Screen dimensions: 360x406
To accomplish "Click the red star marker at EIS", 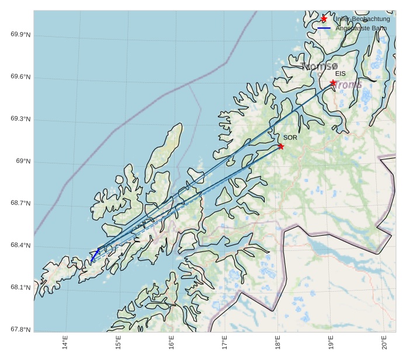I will (x=333, y=83).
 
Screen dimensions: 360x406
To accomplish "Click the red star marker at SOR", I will (x=281, y=146).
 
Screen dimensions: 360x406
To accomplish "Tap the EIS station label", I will (x=341, y=74).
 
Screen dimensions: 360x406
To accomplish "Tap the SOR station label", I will (x=290, y=138).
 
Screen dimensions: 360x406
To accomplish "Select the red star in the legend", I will (x=324, y=19).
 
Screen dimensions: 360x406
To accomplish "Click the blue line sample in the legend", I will (x=324, y=28).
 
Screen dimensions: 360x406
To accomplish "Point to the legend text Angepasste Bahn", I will (x=361, y=28).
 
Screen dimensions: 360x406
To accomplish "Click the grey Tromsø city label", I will (x=320, y=67).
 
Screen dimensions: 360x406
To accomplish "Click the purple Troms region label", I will (x=349, y=85).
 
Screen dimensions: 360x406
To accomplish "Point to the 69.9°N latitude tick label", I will (x=20, y=35).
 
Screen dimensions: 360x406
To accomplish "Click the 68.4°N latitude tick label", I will (x=20, y=246).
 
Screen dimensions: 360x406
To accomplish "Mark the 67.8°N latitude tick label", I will (x=20, y=330).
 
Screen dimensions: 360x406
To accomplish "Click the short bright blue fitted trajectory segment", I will (x=95, y=255).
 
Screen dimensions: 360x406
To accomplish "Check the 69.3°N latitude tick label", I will (x=20, y=119).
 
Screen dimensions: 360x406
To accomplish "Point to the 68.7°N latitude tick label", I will (x=20, y=204).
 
